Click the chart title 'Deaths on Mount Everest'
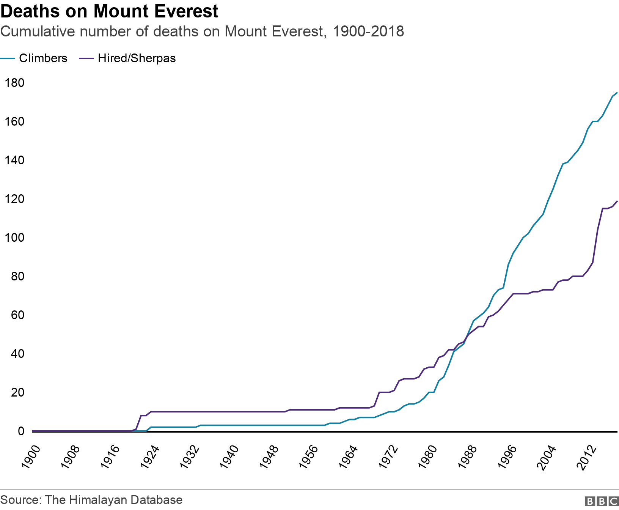tap(109, 11)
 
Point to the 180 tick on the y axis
tap(14, 83)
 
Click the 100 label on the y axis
tap(14, 238)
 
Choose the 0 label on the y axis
tap(21, 431)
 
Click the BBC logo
tap(602, 501)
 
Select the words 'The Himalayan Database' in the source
tap(114, 500)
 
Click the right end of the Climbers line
tap(617, 93)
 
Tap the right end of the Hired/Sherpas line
tap(617, 201)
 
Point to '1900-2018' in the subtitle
tap(368, 31)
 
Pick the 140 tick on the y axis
tap(14, 160)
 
